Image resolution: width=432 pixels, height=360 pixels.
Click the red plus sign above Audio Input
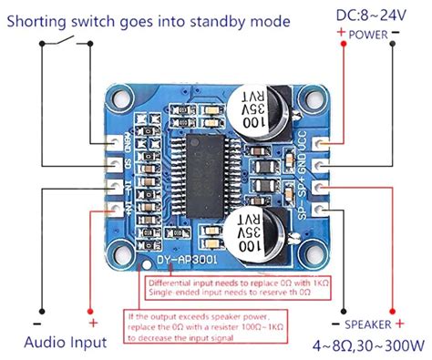(92, 323)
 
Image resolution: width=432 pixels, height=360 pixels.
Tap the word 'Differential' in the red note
(173, 283)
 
